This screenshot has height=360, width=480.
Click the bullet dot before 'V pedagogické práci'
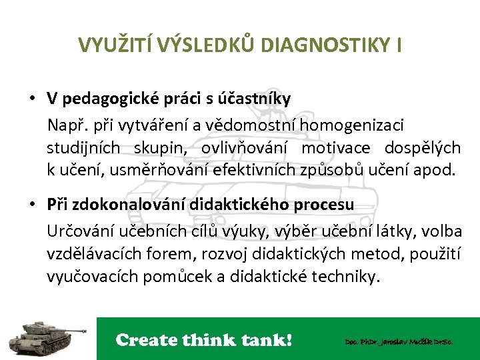(x=32, y=99)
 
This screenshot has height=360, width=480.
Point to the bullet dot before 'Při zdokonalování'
(x=32, y=205)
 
